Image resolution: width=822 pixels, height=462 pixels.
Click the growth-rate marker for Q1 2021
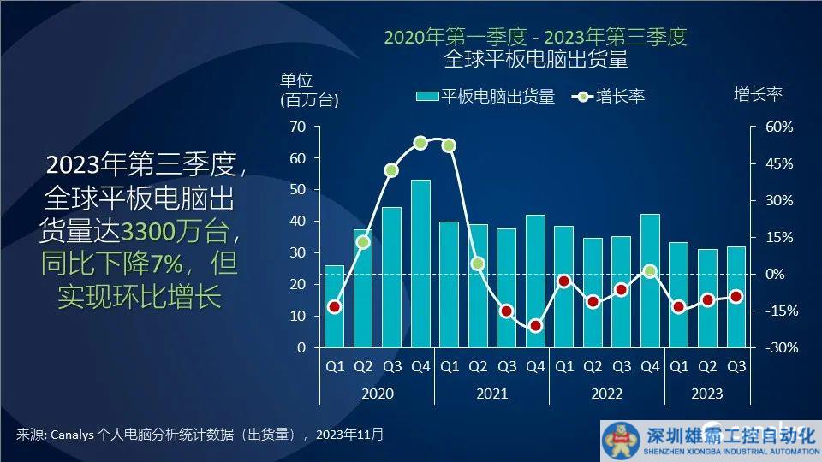(x=449, y=145)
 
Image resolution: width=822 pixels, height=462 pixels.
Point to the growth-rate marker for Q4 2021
(x=535, y=325)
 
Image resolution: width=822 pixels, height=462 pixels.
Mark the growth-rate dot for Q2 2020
(x=363, y=242)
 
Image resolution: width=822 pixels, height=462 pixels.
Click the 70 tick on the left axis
(x=297, y=127)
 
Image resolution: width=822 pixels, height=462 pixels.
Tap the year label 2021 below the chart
(x=491, y=394)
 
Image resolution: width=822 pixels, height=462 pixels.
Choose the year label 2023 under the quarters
(x=706, y=394)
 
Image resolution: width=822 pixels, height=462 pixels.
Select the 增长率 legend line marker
(x=581, y=96)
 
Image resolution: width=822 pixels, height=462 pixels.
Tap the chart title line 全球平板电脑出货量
(x=536, y=59)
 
